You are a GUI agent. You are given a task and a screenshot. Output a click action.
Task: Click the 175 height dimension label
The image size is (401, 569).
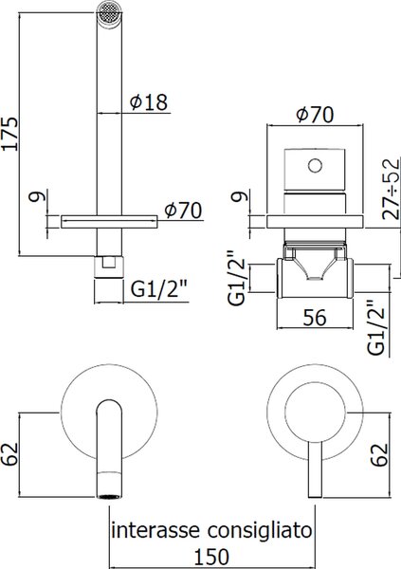coord(9,134)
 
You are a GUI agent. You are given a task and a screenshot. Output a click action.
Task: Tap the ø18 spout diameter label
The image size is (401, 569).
coord(149,102)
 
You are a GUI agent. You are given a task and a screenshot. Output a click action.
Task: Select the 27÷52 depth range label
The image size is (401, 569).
coord(391,189)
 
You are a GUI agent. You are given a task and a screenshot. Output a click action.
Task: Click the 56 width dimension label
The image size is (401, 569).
coord(315,318)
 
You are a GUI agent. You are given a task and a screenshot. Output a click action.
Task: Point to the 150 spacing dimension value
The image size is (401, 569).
coord(211,558)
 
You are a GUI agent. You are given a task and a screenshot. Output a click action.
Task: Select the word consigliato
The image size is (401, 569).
coord(260,532)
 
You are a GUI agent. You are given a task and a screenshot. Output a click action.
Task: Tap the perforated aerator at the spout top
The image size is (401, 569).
coord(108,13)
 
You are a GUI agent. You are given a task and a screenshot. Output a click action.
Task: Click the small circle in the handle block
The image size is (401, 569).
coord(315,166)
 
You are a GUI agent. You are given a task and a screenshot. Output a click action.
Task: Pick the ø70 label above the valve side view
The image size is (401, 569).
coord(315,115)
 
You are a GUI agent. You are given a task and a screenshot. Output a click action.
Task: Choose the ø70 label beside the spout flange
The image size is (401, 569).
coord(183,211)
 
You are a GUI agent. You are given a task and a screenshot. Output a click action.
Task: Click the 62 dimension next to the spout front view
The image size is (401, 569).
coord(9,453)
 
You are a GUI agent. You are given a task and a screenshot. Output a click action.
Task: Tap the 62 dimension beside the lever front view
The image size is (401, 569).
coord(379,454)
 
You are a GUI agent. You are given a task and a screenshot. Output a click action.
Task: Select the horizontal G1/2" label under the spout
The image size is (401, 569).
coord(158,289)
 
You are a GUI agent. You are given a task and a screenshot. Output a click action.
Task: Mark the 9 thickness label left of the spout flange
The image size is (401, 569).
coord(38,196)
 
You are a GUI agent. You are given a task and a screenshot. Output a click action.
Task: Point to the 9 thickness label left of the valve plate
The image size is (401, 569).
coord(240,195)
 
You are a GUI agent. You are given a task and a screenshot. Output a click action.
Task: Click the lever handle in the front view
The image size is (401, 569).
coord(315,469)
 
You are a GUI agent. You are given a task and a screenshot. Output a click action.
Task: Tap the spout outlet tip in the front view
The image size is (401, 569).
coord(109,496)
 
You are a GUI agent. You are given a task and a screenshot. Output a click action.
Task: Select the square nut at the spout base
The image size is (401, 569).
coord(109,267)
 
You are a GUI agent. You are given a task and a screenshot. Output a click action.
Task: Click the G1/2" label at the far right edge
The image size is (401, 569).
coord(376,327)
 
